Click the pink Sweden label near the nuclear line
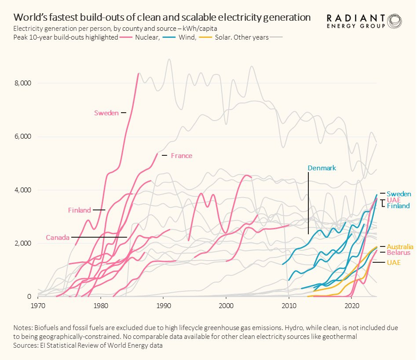tap(106, 113)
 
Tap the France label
tap(181, 156)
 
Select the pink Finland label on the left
tap(79, 210)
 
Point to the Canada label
tap(58, 237)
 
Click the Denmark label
tap(322, 168)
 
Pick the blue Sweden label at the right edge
tap(399, 194)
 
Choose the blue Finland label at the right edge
tap(398, 206)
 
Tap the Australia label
tap(400, 246)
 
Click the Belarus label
tap(399, 253)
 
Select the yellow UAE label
tap(394, 263)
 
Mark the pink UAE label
tap(394, 200)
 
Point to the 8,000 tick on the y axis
tap(22, 83)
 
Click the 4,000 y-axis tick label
tap(22, 190)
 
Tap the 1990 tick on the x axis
tap(164, 306)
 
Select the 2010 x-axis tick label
tap(289, 306)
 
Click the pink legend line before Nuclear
tap(126, 37)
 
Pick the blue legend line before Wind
tap(169, 37)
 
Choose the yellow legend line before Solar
tap(205, 37)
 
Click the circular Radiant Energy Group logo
tap(395, 21)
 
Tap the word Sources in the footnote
tap(25, 345)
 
